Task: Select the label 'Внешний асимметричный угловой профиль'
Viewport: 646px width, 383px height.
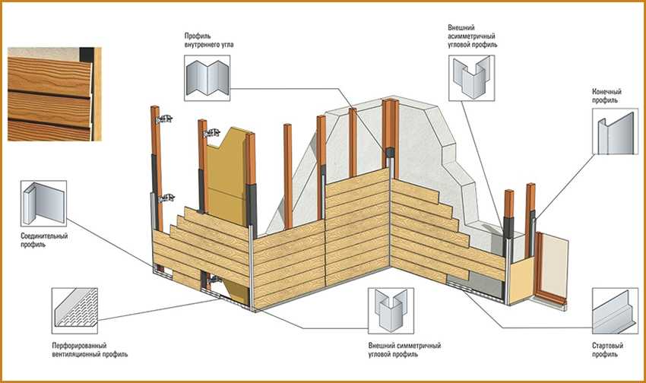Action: pos(472,36)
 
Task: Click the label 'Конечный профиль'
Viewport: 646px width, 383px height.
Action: pos(605,96)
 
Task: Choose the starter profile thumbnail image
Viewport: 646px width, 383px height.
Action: pos(613,311)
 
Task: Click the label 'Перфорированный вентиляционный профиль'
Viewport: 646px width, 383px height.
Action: pos(84,349)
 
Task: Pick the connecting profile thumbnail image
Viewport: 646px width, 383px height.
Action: pos(43,203)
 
